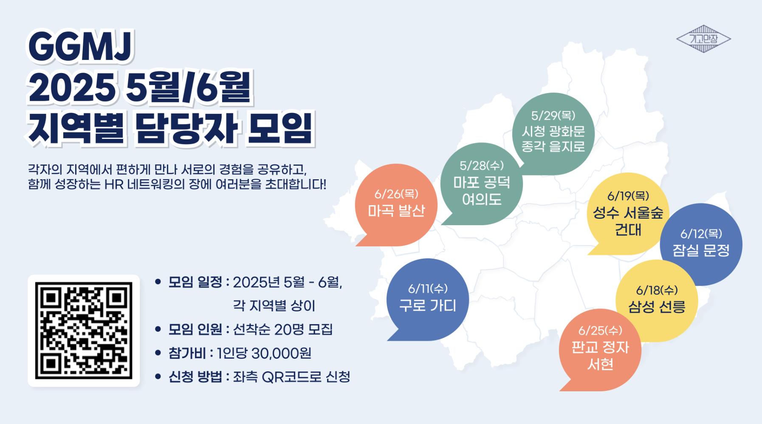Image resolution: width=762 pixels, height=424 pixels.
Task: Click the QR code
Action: tap(84, 331)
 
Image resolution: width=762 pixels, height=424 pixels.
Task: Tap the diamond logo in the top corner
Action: tap(703, 39)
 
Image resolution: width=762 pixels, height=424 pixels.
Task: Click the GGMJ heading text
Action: tap(81, 47)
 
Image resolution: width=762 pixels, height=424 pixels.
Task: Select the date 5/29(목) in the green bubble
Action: tap(553, 116)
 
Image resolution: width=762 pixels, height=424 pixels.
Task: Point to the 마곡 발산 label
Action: tap(396, 210)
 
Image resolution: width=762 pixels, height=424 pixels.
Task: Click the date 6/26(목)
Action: tap(396, 194)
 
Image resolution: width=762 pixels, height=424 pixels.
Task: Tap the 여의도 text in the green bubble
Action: tap(482, 199)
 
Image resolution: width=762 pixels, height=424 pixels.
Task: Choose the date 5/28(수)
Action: tap(482, 166)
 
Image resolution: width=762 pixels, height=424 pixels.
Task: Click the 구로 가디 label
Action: tap(428, 305)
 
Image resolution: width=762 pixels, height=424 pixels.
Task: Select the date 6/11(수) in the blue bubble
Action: tap(428, 289)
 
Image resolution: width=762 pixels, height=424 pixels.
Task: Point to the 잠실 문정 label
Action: tap(701, 250)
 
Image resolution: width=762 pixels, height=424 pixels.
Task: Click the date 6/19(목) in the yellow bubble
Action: tap(628, 196)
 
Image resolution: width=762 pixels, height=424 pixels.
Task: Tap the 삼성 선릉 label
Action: tap(657, 307)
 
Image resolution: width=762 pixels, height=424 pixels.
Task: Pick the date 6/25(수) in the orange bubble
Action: tap(600, 331)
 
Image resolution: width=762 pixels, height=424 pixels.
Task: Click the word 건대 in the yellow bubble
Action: tap(628, 230)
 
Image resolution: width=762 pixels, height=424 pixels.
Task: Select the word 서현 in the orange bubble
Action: tap(600, 364)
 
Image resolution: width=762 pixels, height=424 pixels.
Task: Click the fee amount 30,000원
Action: tap(281, 353)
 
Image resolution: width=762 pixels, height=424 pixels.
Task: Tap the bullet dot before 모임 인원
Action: tap(158, 329)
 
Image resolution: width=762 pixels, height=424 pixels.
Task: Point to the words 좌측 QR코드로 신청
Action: tap(291, 377)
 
